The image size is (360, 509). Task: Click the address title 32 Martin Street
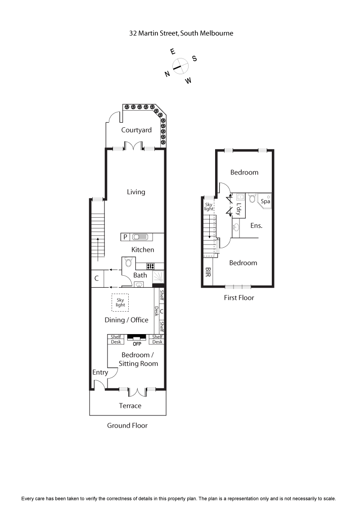(x=180, y=33)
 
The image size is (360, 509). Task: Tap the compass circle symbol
(x=180, y=66)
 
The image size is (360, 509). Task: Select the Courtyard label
(x=136, y=130)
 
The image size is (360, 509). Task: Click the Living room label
(x=136, y=192)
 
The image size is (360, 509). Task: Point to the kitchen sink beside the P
(x=140, y=237)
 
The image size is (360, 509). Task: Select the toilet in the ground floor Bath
(x=129, y=262)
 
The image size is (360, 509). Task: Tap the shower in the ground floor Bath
(x=158, y=277)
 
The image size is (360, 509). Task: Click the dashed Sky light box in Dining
(x=120, y=302)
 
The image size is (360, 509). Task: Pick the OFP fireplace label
(x=137, y=344)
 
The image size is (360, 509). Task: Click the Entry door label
(x=100, y=372)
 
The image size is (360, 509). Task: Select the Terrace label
(x=130, y=406)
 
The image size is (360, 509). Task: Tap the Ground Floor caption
(x=127, y=425)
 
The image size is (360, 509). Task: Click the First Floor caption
(x=239, y=298)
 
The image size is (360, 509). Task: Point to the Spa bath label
(x=265, y=201)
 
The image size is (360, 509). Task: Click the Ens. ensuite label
(x=256, y=226)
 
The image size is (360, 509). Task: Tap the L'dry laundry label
(x=238, y=210)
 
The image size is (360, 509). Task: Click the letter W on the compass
(x=188, y=80)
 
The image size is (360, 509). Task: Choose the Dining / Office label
(x=126, y=320)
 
